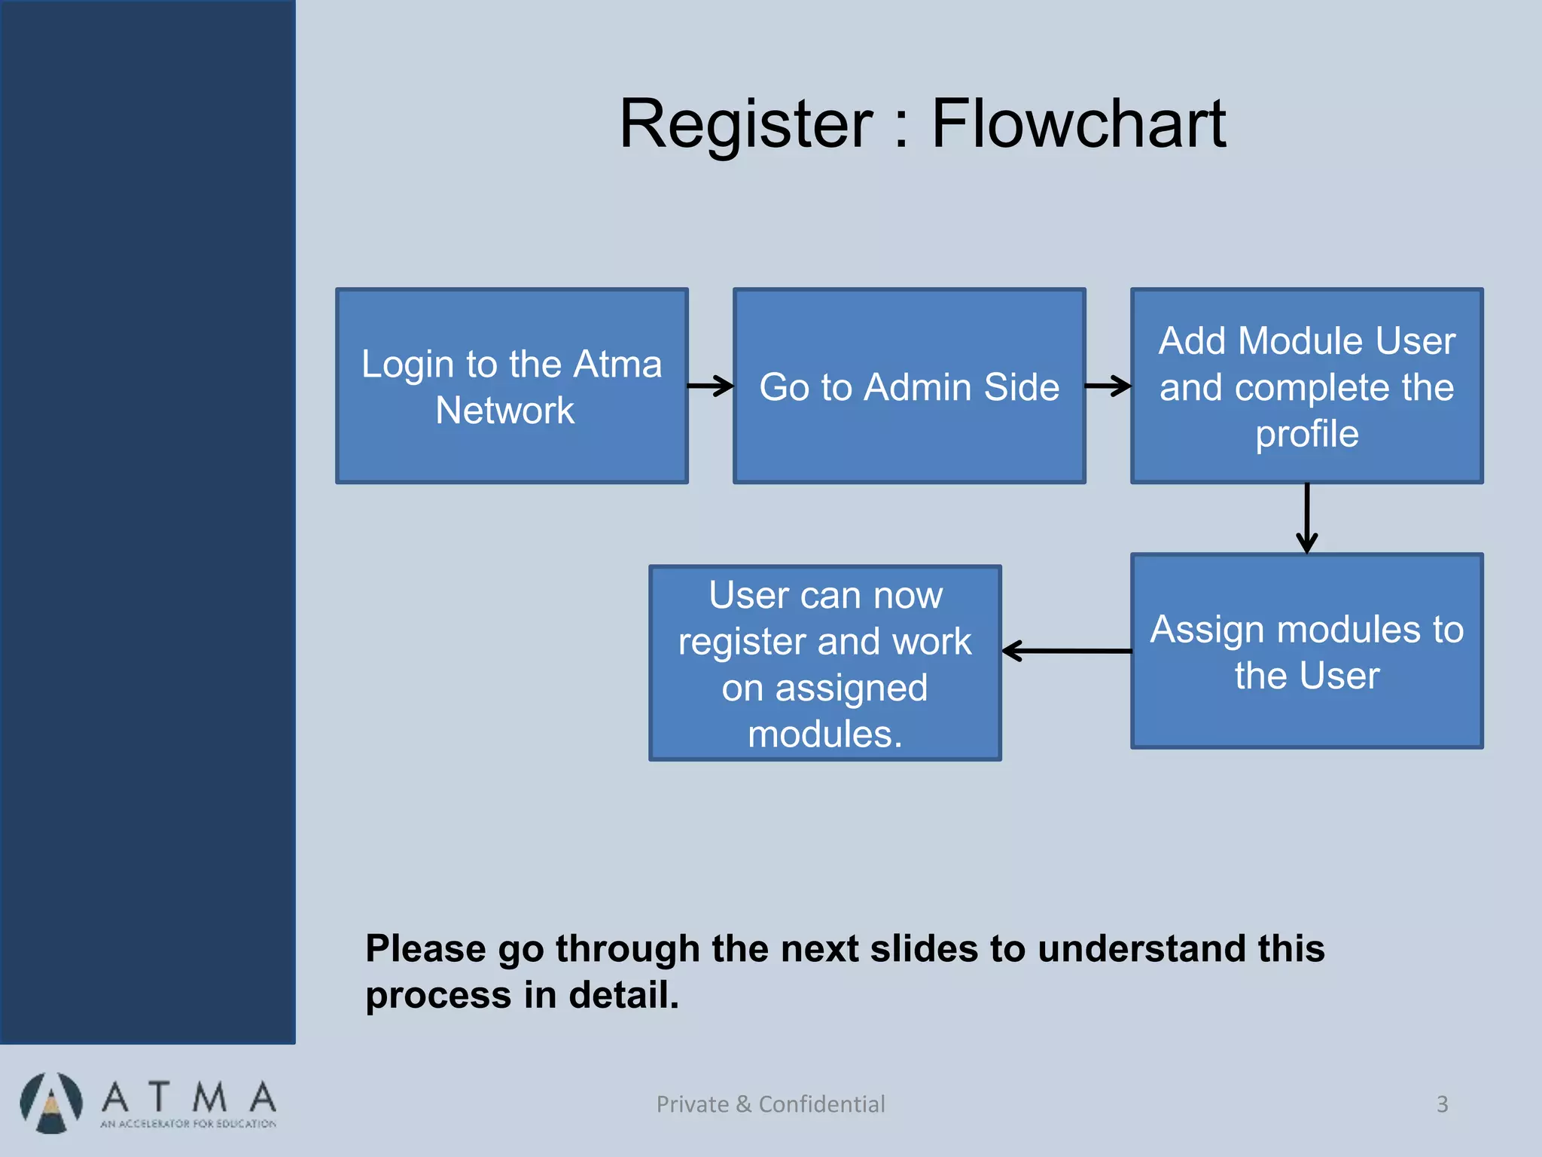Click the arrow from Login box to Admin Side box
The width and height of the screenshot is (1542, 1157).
pos(711,386)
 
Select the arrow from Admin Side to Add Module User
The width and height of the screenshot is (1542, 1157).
pos(1108,386)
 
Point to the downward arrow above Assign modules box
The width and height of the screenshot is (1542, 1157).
pos(1307,518)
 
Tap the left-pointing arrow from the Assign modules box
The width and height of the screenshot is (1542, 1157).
pos(1065,651)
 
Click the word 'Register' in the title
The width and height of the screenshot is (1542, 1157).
pos(745,124)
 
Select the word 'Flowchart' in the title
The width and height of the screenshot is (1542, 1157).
pos(1079,124)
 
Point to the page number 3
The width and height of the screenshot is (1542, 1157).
pos(1443,1104)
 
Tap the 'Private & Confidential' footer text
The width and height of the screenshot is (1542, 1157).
pos(770,1104)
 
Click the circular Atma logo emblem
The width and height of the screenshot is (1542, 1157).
pos(51,1103)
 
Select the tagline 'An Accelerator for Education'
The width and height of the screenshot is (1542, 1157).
pos(188,1124)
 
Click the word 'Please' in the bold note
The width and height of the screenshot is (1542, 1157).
pos(425,949)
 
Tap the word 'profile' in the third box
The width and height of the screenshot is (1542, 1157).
pos(1307,434)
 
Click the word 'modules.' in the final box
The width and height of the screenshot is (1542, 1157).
pos(825,734)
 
